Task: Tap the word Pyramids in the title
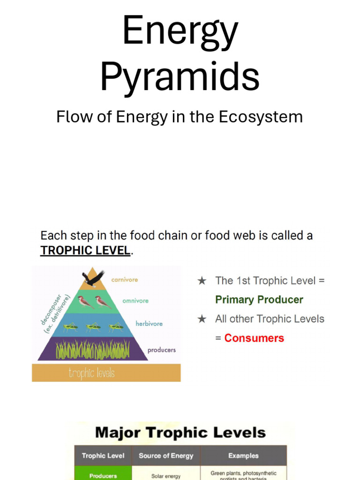[180, 77]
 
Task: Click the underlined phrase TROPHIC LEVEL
[85, 251]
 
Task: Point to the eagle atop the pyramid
[93, 279]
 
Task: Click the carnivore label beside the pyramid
[125, 280]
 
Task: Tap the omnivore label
[135, 301]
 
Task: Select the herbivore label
[149, 323]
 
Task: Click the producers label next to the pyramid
[162, 350]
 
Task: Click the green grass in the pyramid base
[93, 350]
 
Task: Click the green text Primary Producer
[259, 300]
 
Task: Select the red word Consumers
[254, 338]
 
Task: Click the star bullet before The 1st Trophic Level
[202, 281]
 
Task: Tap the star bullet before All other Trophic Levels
[202, 319]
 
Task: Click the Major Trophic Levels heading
[180, 433]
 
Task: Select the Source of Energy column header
[166, 456]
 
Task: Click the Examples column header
[243, 456]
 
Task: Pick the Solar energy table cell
[166, 476]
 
